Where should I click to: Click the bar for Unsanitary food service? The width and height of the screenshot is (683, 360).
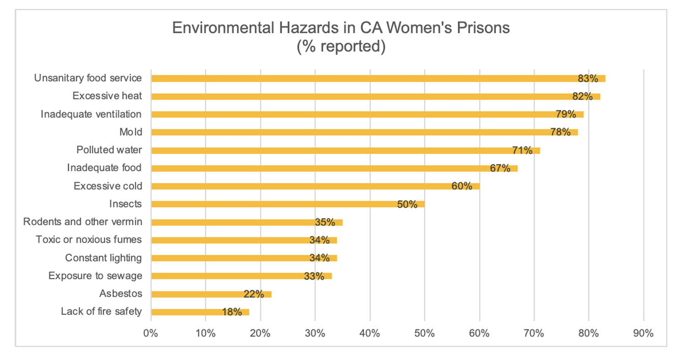tap(356, 78)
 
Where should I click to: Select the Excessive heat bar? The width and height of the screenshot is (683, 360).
tap(356, 96)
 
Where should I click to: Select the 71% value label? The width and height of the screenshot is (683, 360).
tap(522, 150)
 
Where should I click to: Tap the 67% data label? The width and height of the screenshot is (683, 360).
tap(500, 168)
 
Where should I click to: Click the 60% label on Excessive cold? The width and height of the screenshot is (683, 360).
tap(462, 186)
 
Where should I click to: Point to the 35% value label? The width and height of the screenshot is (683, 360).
tap(325, 222)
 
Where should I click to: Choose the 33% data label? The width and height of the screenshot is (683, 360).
tap(314, 276)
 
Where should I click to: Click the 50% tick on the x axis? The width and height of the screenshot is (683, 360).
tap(424, 334)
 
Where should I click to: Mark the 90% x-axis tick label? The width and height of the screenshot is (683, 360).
tap(643, 334)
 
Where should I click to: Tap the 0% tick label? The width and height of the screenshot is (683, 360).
tap(151, 334)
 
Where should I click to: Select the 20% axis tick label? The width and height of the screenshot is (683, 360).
tap(260, 334)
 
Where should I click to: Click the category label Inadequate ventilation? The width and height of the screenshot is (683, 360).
tap(91, 114)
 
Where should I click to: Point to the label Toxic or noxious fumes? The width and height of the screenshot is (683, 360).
tap(88, 239)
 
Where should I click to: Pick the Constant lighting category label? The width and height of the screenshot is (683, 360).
tap(103, 258)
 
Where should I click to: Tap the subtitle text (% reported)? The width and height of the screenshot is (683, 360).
tap(341, 46)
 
